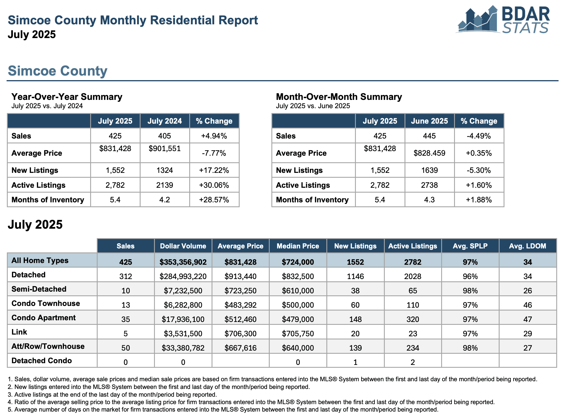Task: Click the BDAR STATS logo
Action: (x=502, y=19)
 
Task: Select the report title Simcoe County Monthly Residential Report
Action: (x=133, y=20)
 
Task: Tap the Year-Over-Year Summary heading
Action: (x=67, y=97)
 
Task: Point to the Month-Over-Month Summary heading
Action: (x=339, y=97)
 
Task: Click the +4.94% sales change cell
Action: (x=214, y=136)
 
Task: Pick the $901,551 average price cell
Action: (x=165, y=149)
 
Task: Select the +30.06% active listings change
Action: (x=214, y=185)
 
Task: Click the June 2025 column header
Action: (x=429, y=121)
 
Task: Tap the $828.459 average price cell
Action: (x=429, y=153)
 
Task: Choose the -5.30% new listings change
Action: (x=479, y=170)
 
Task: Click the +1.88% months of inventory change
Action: (x=479, y=200)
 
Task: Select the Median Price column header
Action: (x=298, y=246)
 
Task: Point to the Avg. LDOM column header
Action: (x=528, y=246)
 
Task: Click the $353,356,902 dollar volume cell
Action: (x=183, y=262)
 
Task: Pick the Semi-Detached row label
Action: (x=39, y=289)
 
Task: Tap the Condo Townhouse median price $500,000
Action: (x=298, y=305)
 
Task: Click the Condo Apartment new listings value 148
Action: (x=355, y=319)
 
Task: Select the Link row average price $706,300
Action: (x=240, y=334)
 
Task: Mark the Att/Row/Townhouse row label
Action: (x=48, y=346)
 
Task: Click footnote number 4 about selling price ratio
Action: (x=251, y=402)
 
